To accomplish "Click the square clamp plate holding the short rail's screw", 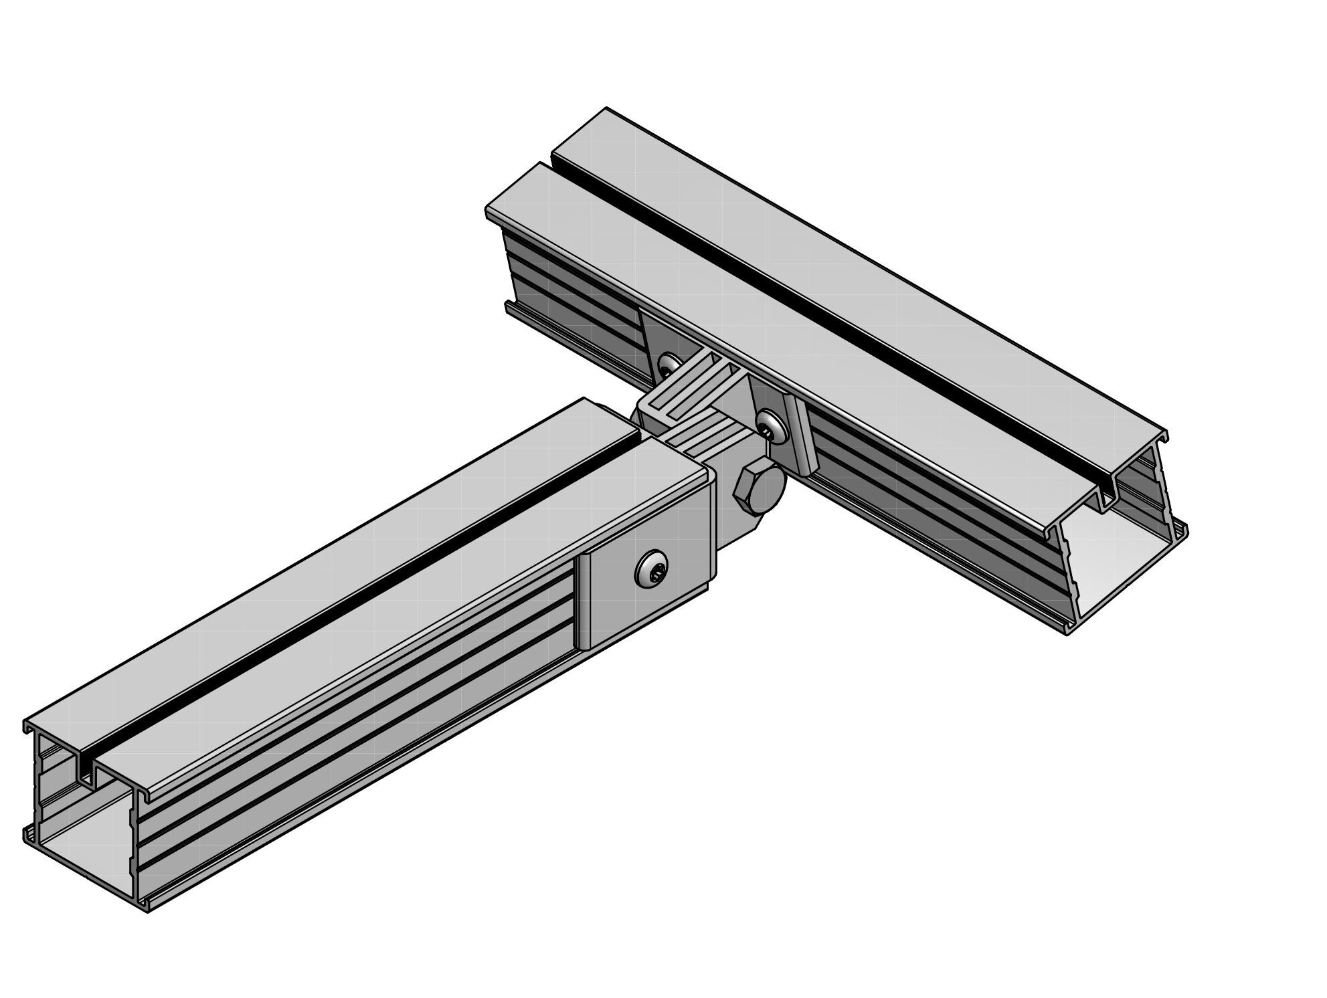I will [616, 589].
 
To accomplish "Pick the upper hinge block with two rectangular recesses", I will [689, 395].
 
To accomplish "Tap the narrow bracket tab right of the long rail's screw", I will [800, 435].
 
